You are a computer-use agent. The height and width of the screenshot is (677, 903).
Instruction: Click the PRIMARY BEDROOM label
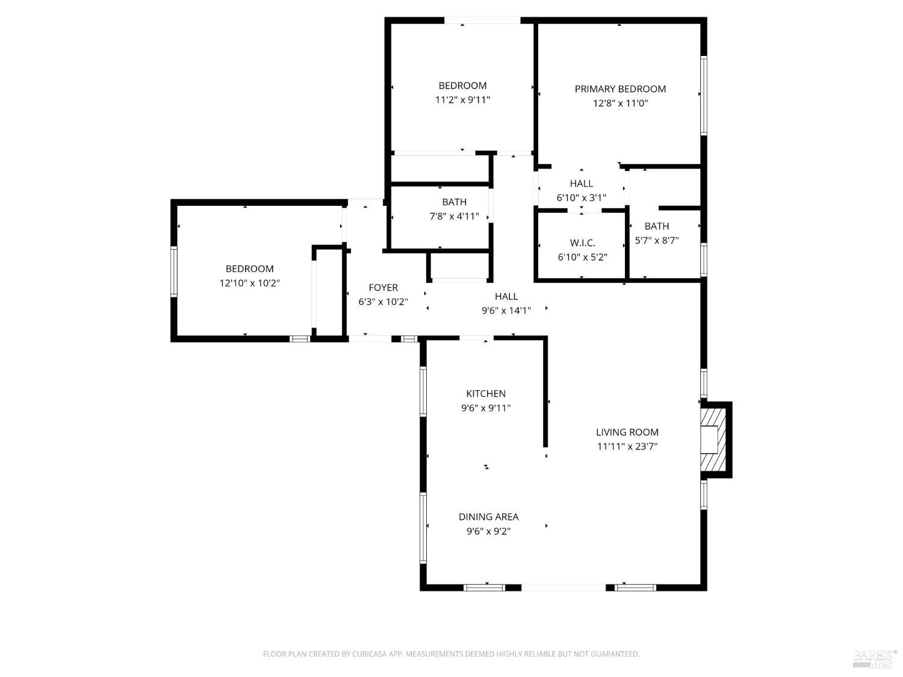[x=620, y=89]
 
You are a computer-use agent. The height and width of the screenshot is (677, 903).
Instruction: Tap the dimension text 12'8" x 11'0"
[x=620, y=104]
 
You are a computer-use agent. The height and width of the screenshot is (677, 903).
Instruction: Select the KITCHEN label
[x=486, y=394]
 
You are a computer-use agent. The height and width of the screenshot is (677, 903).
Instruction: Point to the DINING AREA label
[x=488, y=517]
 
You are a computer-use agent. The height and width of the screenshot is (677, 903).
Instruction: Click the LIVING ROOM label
[x=627, y=432]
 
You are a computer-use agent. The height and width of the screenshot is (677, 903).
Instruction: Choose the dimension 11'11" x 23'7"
[x=627, y=447]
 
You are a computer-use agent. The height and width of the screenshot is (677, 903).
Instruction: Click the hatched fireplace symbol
[x=714, y=440]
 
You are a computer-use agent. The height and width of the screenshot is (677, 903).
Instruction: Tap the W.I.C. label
[x=582, y=243]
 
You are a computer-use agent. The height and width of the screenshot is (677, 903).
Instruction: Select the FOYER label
[x=383, y=288]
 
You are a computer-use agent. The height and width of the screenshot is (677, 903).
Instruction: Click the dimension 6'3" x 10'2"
[x=383, y=302]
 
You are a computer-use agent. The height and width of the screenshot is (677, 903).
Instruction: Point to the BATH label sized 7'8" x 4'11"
[x=454, y=202]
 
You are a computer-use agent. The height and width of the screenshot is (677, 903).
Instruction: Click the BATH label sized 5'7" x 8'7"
[x=656, y=226]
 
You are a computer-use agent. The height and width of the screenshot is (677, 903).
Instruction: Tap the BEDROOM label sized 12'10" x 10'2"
[x=249, y=269]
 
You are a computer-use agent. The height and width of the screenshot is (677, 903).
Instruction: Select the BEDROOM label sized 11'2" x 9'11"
[x=462, y=85]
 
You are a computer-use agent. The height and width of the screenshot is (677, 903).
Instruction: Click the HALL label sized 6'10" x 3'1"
[x=581, y=184]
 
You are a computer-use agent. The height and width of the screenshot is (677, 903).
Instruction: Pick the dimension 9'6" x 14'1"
[x=506, y=311]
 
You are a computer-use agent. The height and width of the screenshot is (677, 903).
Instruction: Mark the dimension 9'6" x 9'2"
[x=488, y=531]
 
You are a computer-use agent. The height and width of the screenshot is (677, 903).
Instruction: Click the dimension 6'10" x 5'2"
[x=582, y=258]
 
